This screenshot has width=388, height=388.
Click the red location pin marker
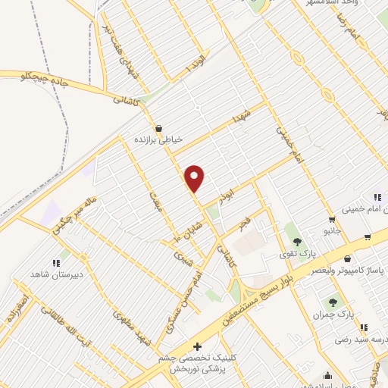click(x=195, y=177)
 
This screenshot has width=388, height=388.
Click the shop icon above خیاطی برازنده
click(x=159, y=127)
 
